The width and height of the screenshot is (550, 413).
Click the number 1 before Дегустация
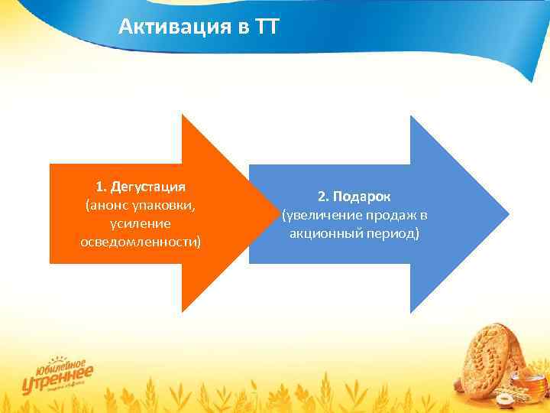point(99,187)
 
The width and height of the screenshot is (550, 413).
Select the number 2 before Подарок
point(322,197)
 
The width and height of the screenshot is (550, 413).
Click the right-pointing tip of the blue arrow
point(506,213)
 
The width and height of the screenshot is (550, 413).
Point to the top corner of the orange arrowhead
point(183,117)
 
